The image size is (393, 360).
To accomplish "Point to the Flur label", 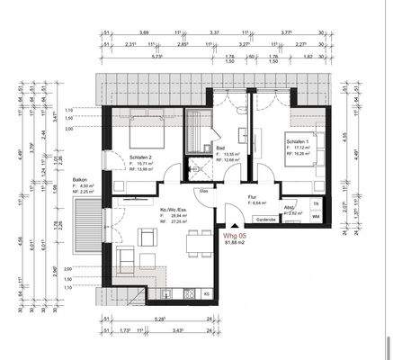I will [254, 198].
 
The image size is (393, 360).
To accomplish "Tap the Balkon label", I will [80, 180].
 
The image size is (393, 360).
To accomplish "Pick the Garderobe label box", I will [265, 218].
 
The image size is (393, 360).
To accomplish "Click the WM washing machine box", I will [315, 217].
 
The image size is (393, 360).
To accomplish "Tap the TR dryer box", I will [315, 204].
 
